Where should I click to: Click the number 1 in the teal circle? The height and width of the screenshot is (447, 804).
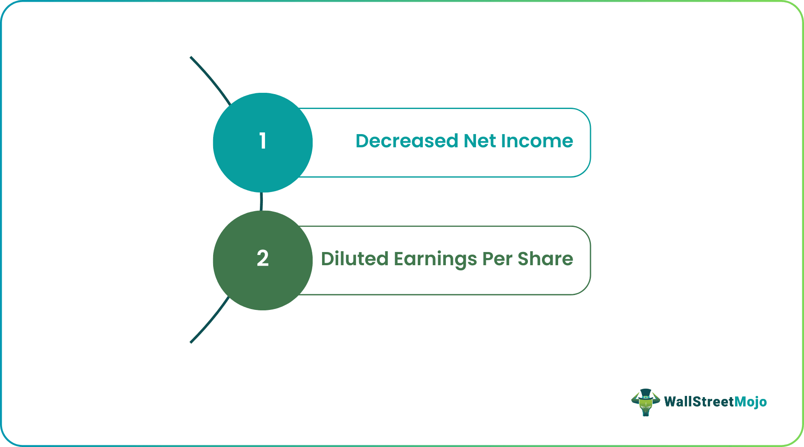[x=262, y=141]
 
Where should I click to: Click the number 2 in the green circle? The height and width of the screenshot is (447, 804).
[x=262, y=258]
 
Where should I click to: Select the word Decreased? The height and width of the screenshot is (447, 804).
[x=407, y=141]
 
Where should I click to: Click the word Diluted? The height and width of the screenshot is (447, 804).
[x=354, y=259]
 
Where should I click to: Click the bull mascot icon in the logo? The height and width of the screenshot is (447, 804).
[x=645, y=403]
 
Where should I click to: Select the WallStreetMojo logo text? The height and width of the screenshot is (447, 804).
[x=715, y=402]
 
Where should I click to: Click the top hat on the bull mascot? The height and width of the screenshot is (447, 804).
[x=645, y=393]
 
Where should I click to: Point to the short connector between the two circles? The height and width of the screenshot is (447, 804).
[x=261, y=201]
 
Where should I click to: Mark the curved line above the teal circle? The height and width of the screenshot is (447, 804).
[x=211, y=79]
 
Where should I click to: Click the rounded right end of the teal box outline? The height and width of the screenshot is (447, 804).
[x=590, y=143]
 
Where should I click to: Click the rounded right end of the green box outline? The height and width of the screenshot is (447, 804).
[x=590, y=260]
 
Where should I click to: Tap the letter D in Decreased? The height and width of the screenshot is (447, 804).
[x=362, y=141]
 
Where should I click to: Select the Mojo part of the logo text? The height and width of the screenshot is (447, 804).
[x=751, y=402]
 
